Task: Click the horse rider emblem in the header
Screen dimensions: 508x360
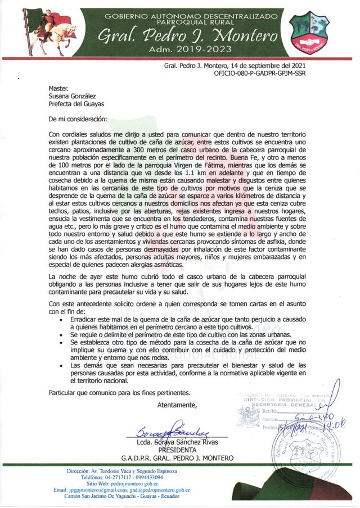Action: [x=44, y=31]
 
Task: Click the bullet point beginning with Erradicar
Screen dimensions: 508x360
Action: [x=61, y=319]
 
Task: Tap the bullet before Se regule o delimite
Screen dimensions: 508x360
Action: [x=61, y=334]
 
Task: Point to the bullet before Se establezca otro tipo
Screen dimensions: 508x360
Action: [x=61, y=342]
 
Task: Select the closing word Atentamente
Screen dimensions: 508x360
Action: [x=177, y=405]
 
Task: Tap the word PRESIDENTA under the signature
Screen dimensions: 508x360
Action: [x=178, y=450]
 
